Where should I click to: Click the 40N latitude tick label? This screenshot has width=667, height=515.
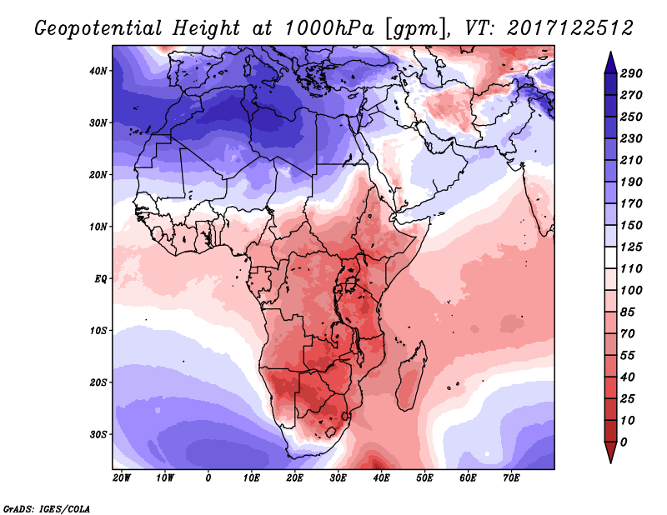click(x=98, y=71)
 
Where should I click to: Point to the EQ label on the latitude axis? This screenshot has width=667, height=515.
click(x=100, y=278)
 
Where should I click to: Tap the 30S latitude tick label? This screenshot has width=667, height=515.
click(x=98, y=434)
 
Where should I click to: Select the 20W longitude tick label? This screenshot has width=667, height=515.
click(x=122, y=478)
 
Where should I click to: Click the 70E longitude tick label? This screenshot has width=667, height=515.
click(x=511, y=478)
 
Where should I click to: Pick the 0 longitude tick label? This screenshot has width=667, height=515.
click(x=208, y=478)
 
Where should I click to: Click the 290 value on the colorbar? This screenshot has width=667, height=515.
click(x=631, y=74)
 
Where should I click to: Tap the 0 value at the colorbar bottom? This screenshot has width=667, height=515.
click(x=624, y=441)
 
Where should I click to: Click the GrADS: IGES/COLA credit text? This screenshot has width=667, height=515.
click(x=46, y=507)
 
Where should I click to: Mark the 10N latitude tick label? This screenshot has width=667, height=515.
click(x=98, y=227)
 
